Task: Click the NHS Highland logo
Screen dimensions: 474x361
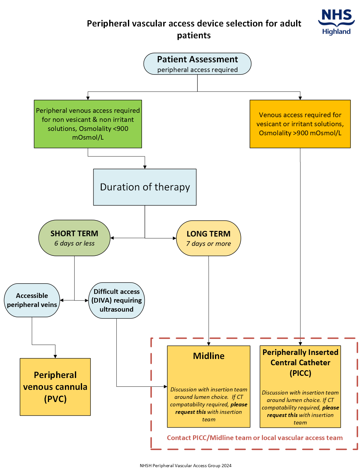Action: pyautogui.click(x=336, y=22)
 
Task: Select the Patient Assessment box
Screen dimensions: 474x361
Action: pyautogui.click(x=197, y=64)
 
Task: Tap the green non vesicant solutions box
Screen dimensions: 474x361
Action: pyautogui.click(x=88, y=124)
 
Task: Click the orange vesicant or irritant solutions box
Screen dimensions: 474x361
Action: pyautogui.click(x=300, y=124)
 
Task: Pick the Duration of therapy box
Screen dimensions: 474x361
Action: pyautogui.click(x=145, y=187)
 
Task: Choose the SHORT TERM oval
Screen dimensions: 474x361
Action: pyautogui.click(x=74, y=238)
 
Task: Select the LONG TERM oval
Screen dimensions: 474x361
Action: pyautogui.click(x=208, y=238)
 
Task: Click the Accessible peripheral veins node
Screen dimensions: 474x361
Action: pyautogui.click(x=32, y=300)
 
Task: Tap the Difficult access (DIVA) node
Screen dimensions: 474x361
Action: pyautogui.click(x=116, y=300)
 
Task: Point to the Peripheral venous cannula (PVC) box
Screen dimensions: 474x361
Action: pyautogui.click(x=55, y=387)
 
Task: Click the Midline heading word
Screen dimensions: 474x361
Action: pyautogui.click(x=208, y=356)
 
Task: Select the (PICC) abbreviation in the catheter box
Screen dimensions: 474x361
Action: pyautogui.click(x=300, y=373)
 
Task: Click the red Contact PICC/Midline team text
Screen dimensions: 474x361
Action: pyautogui.click(x=255, y=438)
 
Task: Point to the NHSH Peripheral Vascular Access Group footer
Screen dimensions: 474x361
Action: pyautogui.click(x=185, y=466)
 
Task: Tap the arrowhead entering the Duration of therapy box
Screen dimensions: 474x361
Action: pyautogui.click(x=145, y=167)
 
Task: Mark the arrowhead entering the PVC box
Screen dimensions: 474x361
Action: pyautogui.click(x=55, y=356)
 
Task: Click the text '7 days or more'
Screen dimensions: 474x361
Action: pyautogui.click(x=208, y=244)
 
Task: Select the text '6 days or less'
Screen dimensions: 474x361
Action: pyautogui.click(x=74, y=243)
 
